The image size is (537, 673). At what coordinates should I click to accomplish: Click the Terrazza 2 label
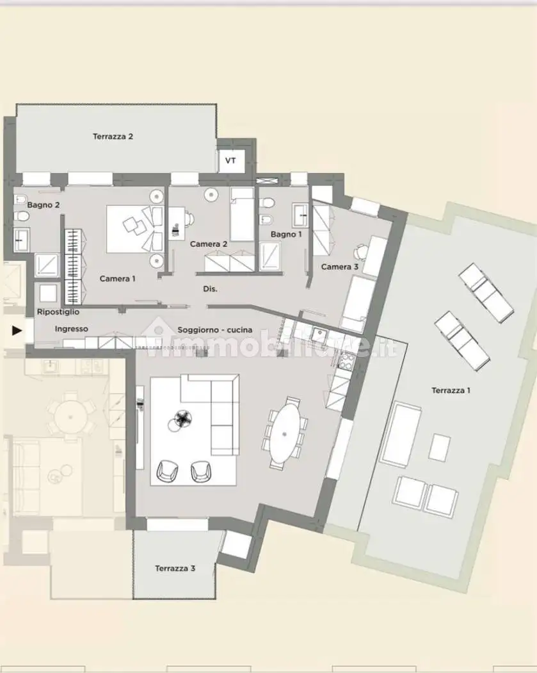(x=113, y=137)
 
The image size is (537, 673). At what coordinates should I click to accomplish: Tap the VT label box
(x=230, y=160)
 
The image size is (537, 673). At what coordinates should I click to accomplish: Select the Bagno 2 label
(x=44, y=205)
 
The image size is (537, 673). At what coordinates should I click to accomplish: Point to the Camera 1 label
(x=118, y=279)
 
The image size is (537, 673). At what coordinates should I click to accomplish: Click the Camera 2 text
(x=209, y=244)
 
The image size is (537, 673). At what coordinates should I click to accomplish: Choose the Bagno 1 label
(x=285, y=235)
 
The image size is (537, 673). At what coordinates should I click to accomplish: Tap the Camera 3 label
(x=336, y=267)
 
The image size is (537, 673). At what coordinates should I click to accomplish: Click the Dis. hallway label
(x=211, y=289)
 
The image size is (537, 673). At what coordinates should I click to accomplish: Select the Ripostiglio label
(x=58, y=312)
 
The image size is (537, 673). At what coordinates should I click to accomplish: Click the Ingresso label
(x=71, y=329)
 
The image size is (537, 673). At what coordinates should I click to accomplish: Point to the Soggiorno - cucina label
(x=214, y=329)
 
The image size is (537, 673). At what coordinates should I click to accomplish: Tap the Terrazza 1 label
(x=451, y=390)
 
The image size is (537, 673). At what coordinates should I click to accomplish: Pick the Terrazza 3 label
(x=175, y=569)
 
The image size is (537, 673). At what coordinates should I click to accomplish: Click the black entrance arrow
(x=17, y=331)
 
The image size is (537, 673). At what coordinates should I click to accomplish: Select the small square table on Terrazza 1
(x=439, y=447)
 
